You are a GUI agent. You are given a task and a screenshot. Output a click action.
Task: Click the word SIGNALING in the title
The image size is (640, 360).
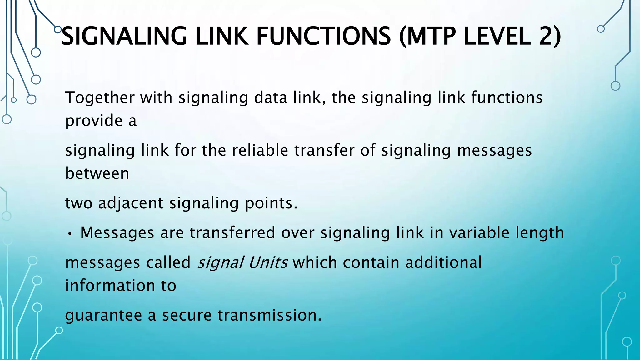coord(124,36)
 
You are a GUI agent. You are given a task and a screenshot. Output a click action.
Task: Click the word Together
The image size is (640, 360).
coord(99,97)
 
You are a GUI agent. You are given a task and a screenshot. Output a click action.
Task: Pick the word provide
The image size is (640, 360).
coord(94,121)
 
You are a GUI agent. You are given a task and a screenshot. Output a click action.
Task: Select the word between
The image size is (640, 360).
coord(97,173)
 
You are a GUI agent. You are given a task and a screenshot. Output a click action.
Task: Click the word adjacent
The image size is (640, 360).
coord(131,203)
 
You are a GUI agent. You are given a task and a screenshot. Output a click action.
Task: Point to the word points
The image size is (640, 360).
coord(271,203)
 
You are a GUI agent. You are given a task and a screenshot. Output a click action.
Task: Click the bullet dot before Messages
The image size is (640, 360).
coord(70,234)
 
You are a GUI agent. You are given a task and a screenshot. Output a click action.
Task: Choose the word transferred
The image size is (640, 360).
coord(232,233)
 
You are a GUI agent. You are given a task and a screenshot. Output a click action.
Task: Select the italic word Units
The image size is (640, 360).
coord(268,262)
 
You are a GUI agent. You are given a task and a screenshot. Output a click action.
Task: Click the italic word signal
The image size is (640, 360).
coord(220,262)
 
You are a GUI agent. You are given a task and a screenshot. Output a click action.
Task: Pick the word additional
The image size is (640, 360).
coord(443,262)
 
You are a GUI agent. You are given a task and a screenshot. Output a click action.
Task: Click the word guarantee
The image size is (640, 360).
coord(103,315)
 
